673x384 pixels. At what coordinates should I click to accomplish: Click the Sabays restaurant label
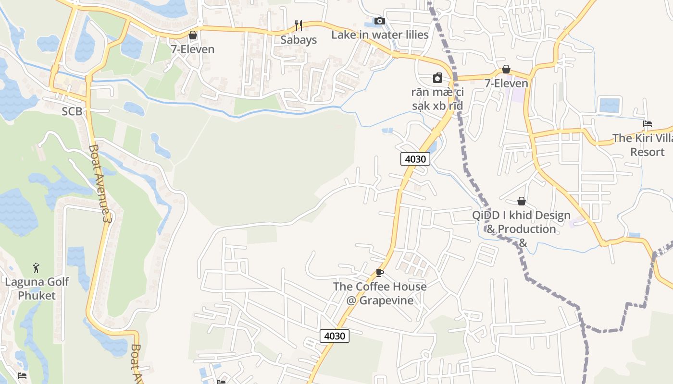[299, 40]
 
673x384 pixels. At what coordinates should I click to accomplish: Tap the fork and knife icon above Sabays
[299, 25]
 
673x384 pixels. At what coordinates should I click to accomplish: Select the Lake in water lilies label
[380, 35]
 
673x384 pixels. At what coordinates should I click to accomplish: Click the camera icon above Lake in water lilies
[380, 21]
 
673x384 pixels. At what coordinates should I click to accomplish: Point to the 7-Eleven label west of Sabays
[193, 49]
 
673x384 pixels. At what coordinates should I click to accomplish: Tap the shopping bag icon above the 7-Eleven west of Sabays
[193, 35]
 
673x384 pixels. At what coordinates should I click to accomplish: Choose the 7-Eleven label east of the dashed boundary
[506, 83]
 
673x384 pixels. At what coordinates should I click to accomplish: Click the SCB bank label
[72, 111]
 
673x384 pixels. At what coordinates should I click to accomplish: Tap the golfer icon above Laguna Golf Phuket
[37, 268]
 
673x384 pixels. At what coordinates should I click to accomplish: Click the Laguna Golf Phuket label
[37, 288]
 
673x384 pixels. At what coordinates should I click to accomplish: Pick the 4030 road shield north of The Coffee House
[415, 159]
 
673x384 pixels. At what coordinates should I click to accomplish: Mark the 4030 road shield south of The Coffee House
[334, 336]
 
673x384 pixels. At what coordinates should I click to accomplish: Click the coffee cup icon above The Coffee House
[380, 273]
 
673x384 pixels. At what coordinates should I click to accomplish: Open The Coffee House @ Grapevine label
[380, 293]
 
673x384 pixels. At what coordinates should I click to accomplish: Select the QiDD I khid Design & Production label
[522, 228]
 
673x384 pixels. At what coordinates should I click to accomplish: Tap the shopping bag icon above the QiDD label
[522, 201]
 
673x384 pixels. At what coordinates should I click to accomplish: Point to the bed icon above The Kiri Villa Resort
[648, 124]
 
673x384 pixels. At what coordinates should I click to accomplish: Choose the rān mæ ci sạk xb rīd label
[437, 98]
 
